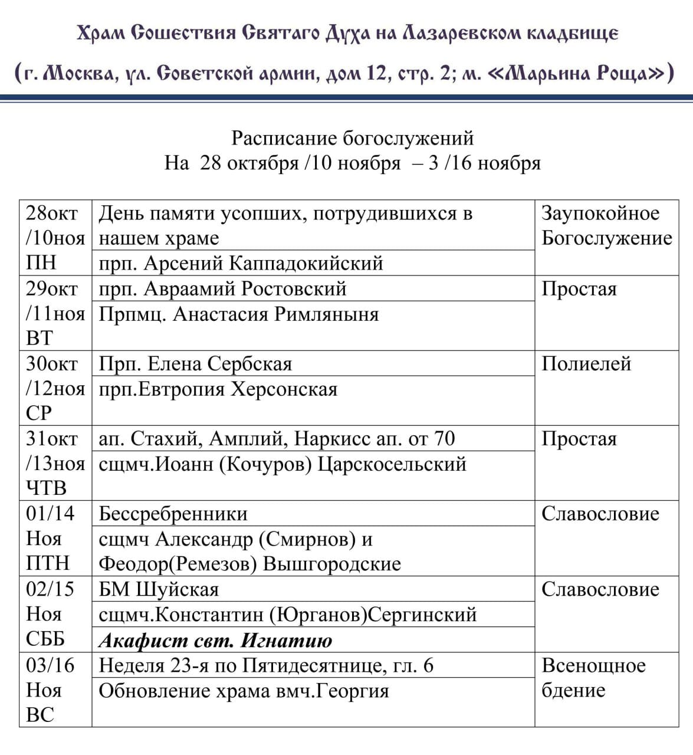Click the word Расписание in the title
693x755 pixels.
point(285,138)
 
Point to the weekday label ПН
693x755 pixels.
point(41,263)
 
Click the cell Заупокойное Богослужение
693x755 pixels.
point(606,225)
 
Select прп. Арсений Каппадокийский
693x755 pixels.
point(241,263)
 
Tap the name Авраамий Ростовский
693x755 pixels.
point(244,288)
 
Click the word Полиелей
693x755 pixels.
point(586,364)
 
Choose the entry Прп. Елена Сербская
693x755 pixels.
point(195,364)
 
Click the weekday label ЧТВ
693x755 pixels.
point(46,488)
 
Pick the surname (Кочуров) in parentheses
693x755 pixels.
point(265,464)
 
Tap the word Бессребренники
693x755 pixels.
point(173,514)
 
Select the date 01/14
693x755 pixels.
point(50,513)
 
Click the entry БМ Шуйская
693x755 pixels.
point(159,589)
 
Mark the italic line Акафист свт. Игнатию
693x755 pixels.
point(215,640)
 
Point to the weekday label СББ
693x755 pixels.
point(45,639)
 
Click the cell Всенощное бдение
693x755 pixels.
point(593,678)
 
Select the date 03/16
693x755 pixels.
point(50,665)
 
